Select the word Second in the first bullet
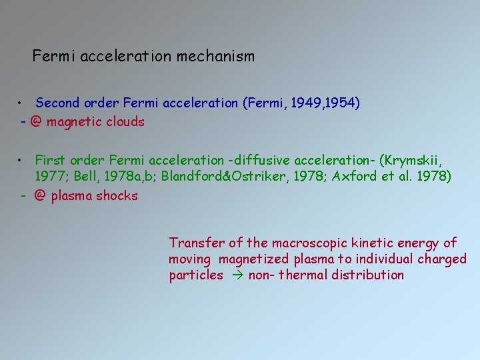tap(58, 103)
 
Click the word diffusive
tap(257, 160)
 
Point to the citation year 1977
tap(50, 177)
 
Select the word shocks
tap(119, 196)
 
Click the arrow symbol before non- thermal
tap(236, 275)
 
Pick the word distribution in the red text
tap(370, 275)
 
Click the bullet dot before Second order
tap(23, 103)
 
